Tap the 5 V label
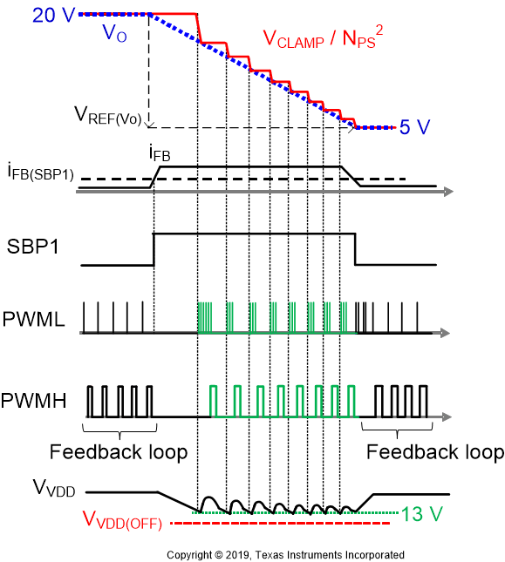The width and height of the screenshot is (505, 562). (415, 127)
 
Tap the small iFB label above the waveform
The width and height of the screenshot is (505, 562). (160, 155)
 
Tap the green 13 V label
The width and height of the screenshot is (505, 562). (427, 513)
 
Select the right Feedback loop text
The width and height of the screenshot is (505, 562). (435, 452)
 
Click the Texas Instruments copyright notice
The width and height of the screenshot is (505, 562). (285, 554)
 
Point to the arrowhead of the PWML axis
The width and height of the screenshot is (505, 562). (447, 333)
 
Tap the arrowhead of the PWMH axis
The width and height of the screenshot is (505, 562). (447, 416)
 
